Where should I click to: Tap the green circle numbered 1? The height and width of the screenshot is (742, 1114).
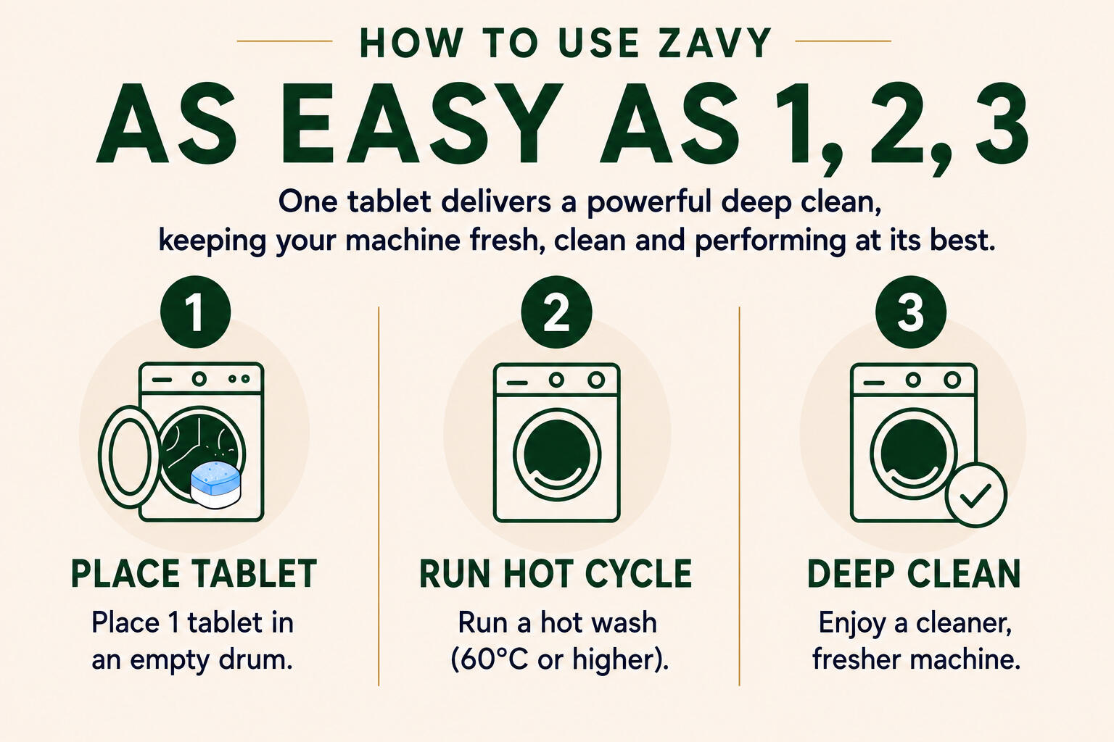pos(195,312)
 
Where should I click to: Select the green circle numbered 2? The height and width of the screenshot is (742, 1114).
pos(556,312)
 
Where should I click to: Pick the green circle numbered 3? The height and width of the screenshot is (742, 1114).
pos(911,312)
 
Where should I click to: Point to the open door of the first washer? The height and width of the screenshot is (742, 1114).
pos(129,457)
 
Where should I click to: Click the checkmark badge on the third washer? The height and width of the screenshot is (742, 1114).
pos(976,496)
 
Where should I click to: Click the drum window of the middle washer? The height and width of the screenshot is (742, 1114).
pos(556,454)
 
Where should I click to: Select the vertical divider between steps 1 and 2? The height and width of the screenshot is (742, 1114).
pos(379,496)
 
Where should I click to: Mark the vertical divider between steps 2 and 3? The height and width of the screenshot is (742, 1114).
pos(739,496)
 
